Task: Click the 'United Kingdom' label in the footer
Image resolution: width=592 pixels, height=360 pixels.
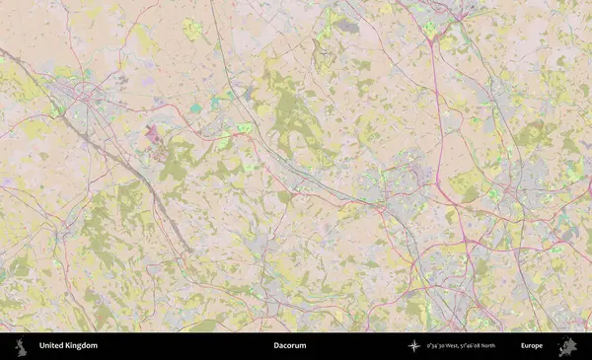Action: (x=68, y=346)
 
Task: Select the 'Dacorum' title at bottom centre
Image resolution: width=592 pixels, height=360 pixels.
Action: (x=289, y=346)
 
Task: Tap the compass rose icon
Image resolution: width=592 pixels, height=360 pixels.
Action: (x=414, y=346)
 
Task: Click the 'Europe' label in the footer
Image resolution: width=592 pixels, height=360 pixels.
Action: (x=532, y=346)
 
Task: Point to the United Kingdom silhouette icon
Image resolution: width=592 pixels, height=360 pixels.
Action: (x=20, y=346)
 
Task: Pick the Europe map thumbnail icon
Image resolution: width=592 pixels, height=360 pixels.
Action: (x=567, y=346)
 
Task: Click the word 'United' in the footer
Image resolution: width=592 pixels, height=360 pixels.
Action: (x=51, y=346)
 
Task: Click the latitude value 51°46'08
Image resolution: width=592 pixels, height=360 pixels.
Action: (x=466, y=346)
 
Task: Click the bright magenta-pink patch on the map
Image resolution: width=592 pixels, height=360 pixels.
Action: (x=154, y=132)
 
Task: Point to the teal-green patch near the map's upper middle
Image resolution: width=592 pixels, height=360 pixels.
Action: (x=196, y=108)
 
